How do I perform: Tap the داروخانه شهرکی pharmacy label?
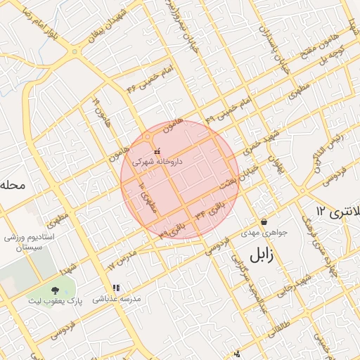(159, 162)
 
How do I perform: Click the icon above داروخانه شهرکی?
(156, 150)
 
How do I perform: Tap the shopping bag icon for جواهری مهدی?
(263, 221)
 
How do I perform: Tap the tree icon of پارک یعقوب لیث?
(56, 290)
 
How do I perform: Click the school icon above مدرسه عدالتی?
(117, 288)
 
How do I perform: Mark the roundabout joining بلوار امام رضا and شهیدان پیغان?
(74, 51)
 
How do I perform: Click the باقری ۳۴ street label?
(212, 210)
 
